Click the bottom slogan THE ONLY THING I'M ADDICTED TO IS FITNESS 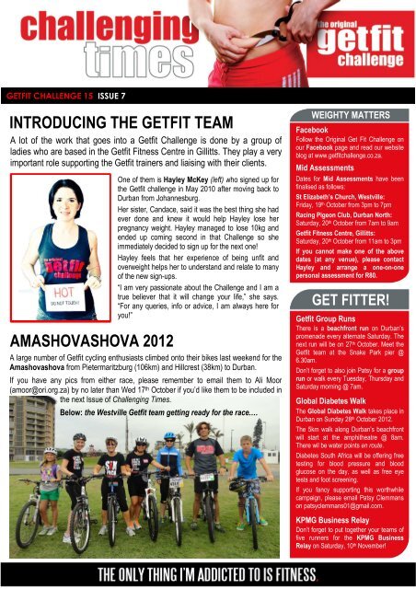[x=208, y=573]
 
